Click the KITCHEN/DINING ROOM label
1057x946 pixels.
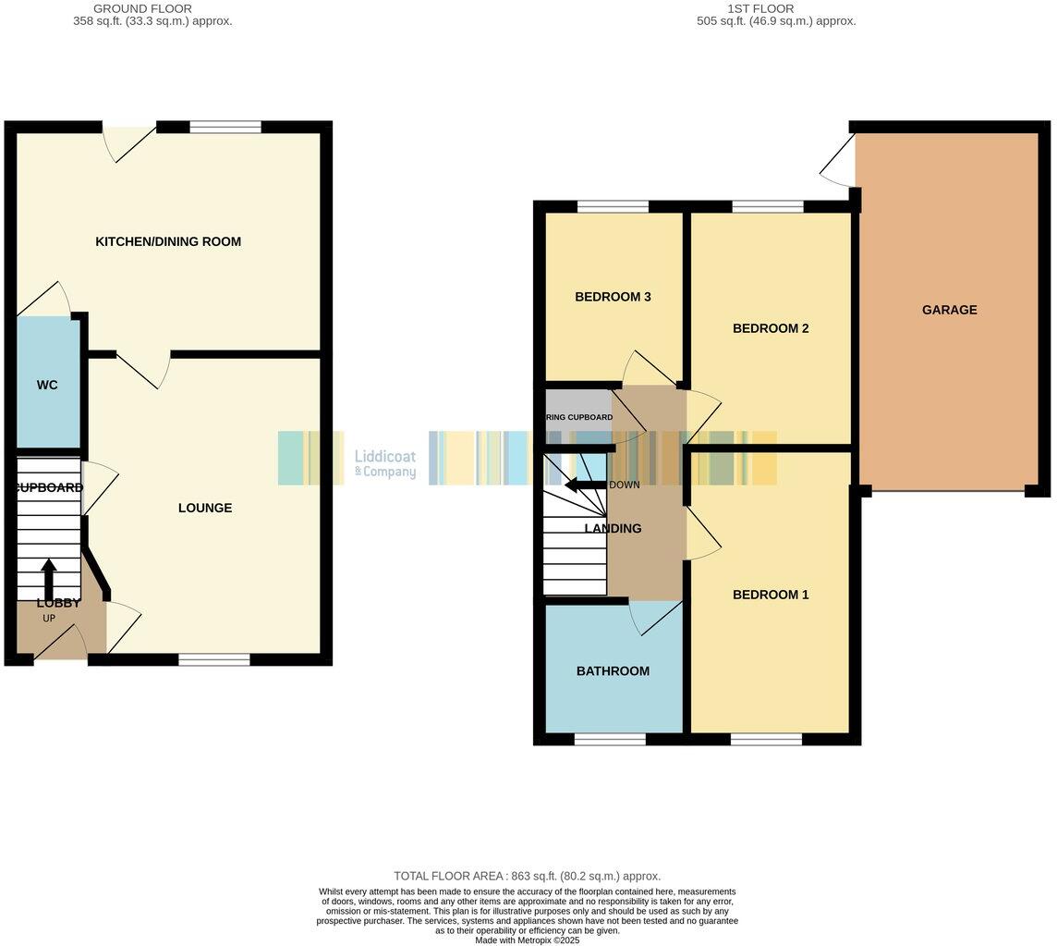(168, 241)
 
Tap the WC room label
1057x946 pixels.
(47, 385)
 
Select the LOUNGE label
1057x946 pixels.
(205, 508)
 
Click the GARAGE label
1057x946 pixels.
(949, 310)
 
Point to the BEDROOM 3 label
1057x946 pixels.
(613, 297)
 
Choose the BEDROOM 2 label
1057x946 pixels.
(771, 328)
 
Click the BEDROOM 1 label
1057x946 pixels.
(771, 595)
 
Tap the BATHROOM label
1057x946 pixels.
(613, 671)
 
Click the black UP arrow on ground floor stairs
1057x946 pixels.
(48, 578)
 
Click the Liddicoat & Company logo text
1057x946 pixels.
(385, 464)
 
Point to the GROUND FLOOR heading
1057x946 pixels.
(142, 9)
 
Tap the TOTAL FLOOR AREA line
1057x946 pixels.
(527, 876)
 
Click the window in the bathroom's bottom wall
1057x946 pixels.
(610, 739)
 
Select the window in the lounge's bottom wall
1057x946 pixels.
(214, 659)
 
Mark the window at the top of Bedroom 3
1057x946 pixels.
(613, 207)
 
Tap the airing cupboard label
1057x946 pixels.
(578, 417)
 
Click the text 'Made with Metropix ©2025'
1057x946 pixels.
(527, 940)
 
